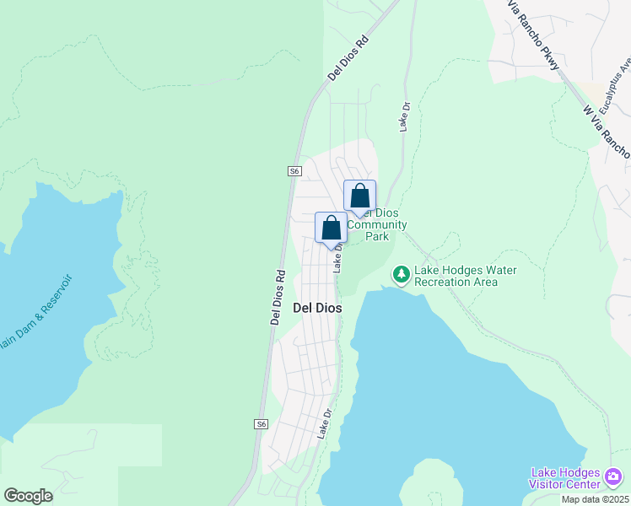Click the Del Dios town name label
(317, 309)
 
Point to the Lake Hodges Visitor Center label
(564, 478)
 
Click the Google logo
(28, 496)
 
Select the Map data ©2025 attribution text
(595, 499)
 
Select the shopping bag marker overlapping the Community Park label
(360, 197)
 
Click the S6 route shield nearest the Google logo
(262, 423)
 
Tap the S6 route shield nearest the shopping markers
(294, 170)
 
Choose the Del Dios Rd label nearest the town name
(276, 297)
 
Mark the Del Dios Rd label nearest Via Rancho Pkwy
(349, 57)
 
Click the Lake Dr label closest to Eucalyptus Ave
(404, 117)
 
